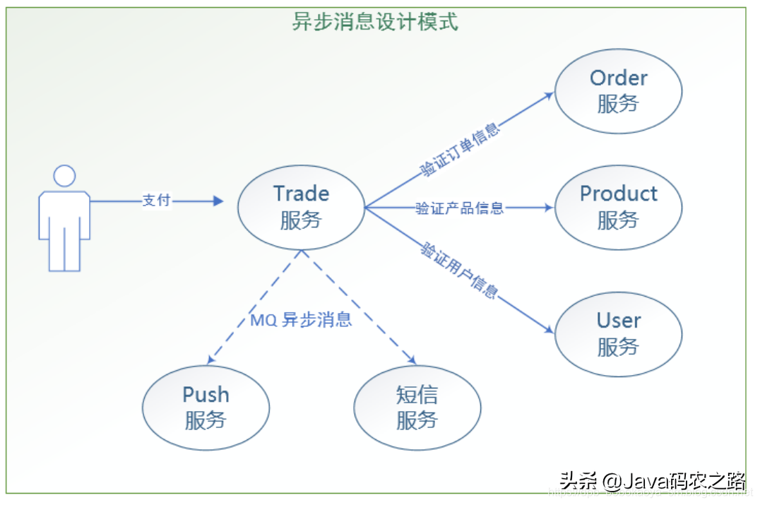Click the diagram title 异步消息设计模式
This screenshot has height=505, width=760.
[x=375, y=22]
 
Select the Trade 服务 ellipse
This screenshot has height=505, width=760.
[x=302, y=206]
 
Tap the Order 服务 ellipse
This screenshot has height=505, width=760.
[x=618, y=91]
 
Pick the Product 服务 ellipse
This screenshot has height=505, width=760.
[x=618, y=206]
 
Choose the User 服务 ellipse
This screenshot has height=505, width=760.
[x=618, y=333]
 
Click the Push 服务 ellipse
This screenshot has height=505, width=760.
[x=206, y=407]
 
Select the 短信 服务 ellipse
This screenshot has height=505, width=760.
[x=417, y=407]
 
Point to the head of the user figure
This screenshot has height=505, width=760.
[x=64, y=177]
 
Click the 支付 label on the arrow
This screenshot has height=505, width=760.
[x=156, y=201]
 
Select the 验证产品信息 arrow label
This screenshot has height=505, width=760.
[x=459, y=208]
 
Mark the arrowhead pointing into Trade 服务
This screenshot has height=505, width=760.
[x=219, y=201]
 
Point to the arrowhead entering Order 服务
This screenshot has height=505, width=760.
[x=549, y=95]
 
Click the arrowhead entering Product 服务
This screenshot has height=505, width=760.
[x=550, y=208]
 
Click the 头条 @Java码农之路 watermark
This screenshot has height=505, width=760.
[x=653, y=482]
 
